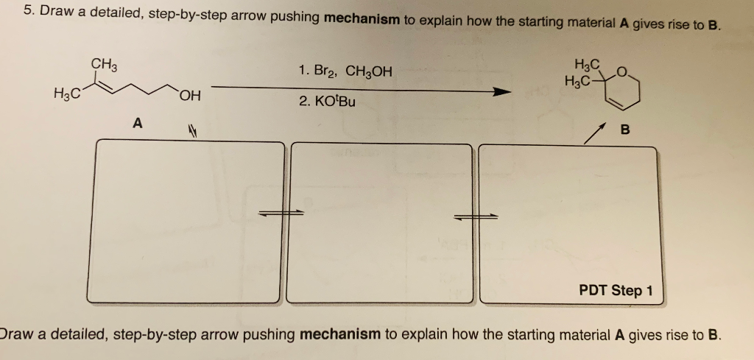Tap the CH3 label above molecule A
pos(104,64)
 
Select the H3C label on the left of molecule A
pos(67,95)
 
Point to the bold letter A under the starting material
pos(137,124)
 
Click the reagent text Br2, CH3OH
pos(345,71)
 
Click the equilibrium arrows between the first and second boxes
pos(279,213)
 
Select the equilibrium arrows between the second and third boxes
pos(476,216)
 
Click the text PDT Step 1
pos(616,290)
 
